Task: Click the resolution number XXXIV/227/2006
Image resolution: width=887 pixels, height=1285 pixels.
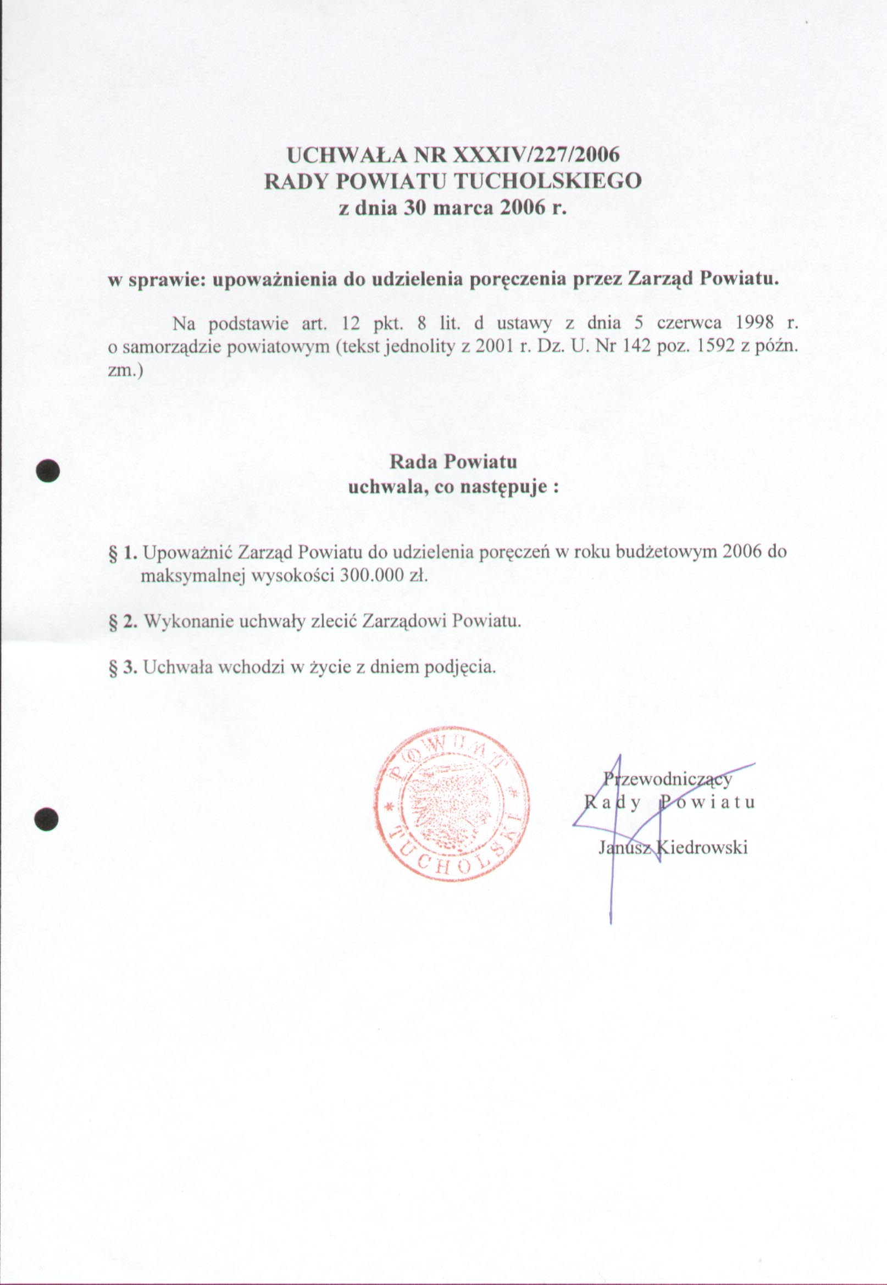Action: coord(536,155)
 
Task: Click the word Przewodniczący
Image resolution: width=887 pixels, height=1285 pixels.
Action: coord(668,779)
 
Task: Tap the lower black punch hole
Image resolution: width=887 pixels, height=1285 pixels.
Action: coord(47,819)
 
